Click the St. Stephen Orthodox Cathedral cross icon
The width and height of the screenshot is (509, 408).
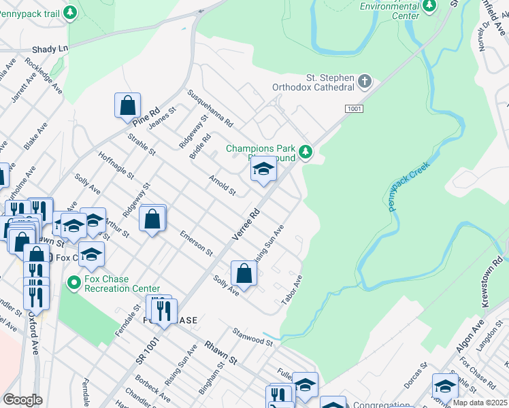365,82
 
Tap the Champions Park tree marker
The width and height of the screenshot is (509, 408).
306,152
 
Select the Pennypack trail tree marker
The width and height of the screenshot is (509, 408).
70,12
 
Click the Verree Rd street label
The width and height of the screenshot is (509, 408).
246,224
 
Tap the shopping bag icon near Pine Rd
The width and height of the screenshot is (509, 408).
127,105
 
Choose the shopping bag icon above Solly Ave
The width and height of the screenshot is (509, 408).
244,273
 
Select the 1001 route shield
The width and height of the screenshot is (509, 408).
354,109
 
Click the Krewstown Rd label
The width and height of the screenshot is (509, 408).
495,282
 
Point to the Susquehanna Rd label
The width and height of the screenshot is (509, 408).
211,109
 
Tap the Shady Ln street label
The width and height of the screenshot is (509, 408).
50,50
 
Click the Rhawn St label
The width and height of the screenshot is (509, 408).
223,353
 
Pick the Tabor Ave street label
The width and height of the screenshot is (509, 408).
293,290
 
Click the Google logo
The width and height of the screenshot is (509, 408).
22,400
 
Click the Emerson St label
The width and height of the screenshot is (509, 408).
197,243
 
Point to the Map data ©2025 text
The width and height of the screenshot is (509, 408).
480,403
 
